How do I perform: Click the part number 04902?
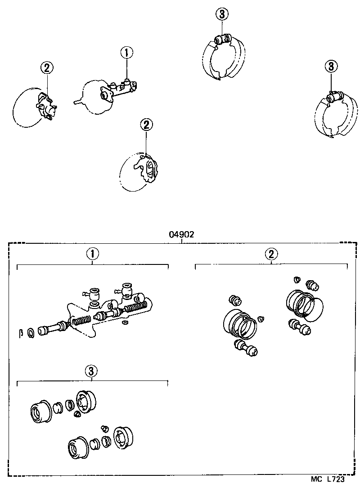click(x=181, y=234)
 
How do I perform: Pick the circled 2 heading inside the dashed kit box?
click(x=270, y=254)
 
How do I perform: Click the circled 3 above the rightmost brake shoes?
click(x=331, y=67)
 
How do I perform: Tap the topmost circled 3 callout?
click(x=222, y=15)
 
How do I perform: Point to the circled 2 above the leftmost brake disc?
click(x=47, y=68)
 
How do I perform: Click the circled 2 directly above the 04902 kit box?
click(x=146, y=125)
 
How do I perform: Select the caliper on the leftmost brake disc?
click(x=46, y=105)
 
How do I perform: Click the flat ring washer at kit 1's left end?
click(x=31, y=333)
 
